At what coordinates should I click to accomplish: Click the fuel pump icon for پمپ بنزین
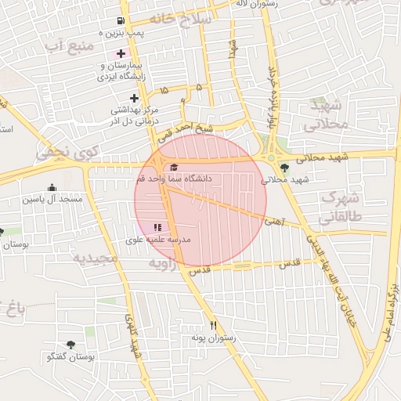click(x=120, y=20)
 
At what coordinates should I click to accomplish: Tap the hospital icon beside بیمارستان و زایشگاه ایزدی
click(x=120, y=53)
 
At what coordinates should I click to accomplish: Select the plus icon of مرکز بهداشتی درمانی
click(x=135, y=99)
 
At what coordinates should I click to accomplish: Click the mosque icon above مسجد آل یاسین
click(x=52, y=187)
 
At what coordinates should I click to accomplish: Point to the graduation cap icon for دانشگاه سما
click(x=173, y=167)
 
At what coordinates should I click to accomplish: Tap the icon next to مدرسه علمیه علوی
click(x=158, y=226)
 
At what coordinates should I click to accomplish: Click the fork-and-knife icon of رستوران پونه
click(x=212, y=326)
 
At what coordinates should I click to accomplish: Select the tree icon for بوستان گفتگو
click(x=71, y=345)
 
